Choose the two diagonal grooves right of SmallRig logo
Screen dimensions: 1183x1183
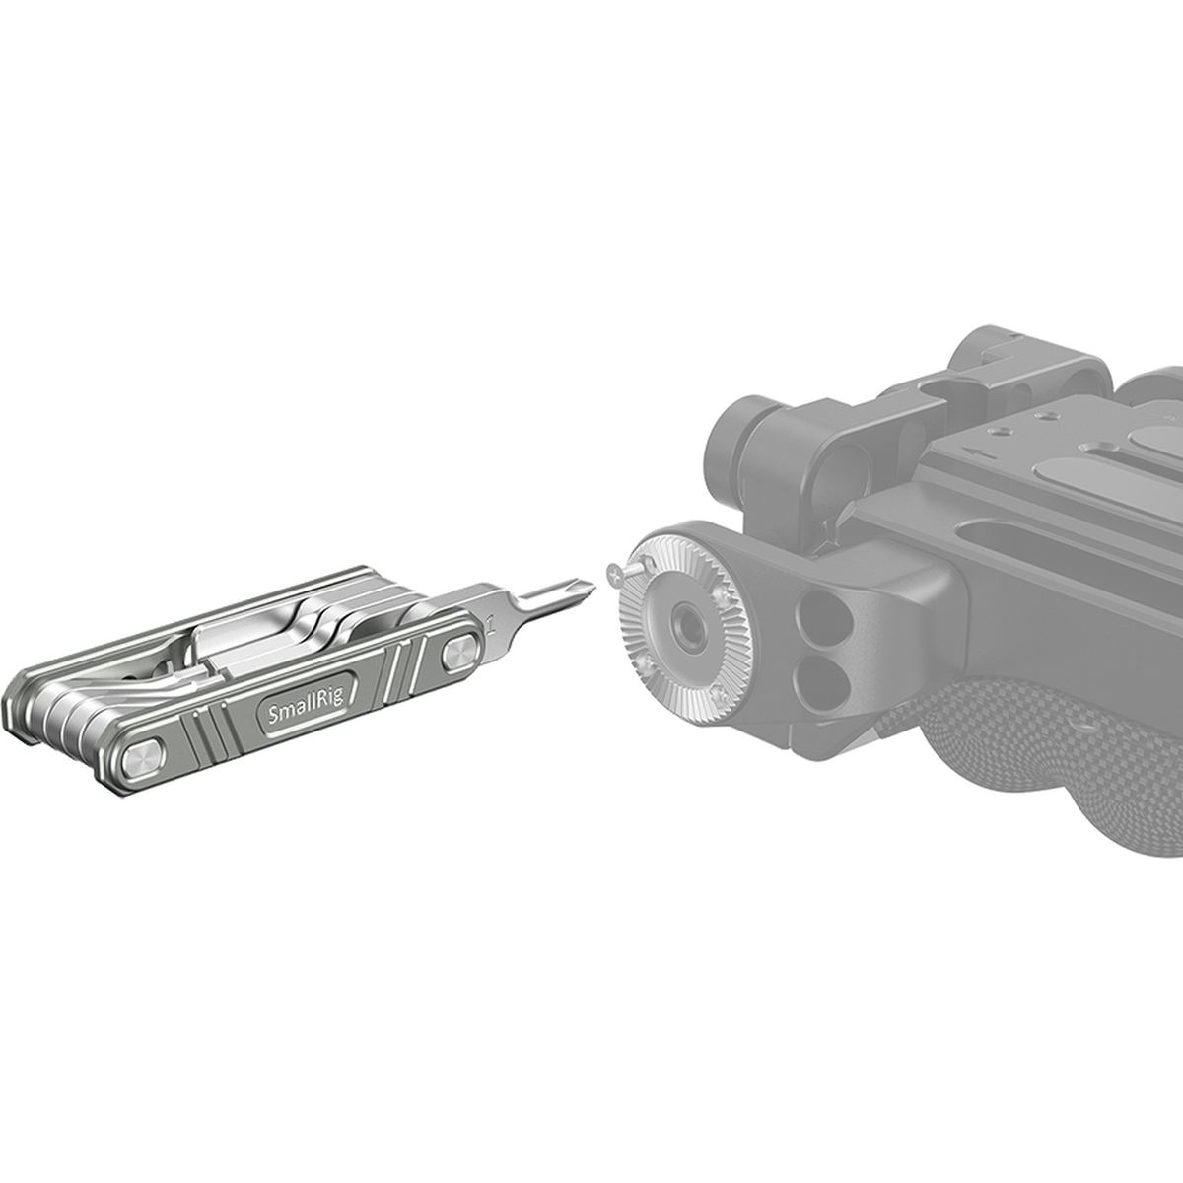pyautogui.click(x=404, y=670)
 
